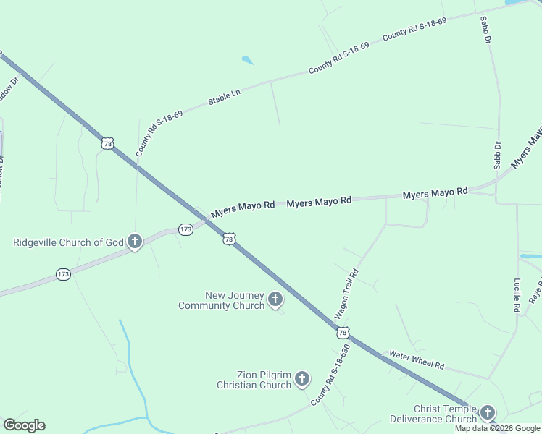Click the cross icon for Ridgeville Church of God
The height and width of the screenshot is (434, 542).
pos(134,242)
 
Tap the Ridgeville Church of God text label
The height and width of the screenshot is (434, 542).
pos(69,242)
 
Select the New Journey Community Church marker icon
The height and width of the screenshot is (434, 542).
pos(275,299)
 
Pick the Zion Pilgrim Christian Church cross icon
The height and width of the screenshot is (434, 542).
pos(302,378)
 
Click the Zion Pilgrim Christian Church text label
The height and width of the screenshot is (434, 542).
pos(254,380)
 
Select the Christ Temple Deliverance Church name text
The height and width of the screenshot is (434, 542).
pos(433,414)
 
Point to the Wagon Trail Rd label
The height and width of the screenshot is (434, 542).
pos(346,295)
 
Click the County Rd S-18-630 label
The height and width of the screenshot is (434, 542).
pos(330,375)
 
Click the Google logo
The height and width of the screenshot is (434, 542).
pos(24,425)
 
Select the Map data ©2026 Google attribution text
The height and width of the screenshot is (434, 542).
pos(497,428)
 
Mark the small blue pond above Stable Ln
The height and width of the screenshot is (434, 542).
pos(248,61)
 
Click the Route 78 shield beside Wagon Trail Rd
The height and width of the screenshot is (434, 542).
pos(343,332)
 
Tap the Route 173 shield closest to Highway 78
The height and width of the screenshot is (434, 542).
pos(185,229)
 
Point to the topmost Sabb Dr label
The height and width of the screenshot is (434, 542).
pos(485,30)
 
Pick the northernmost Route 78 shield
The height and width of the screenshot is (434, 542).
pos(107,144)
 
